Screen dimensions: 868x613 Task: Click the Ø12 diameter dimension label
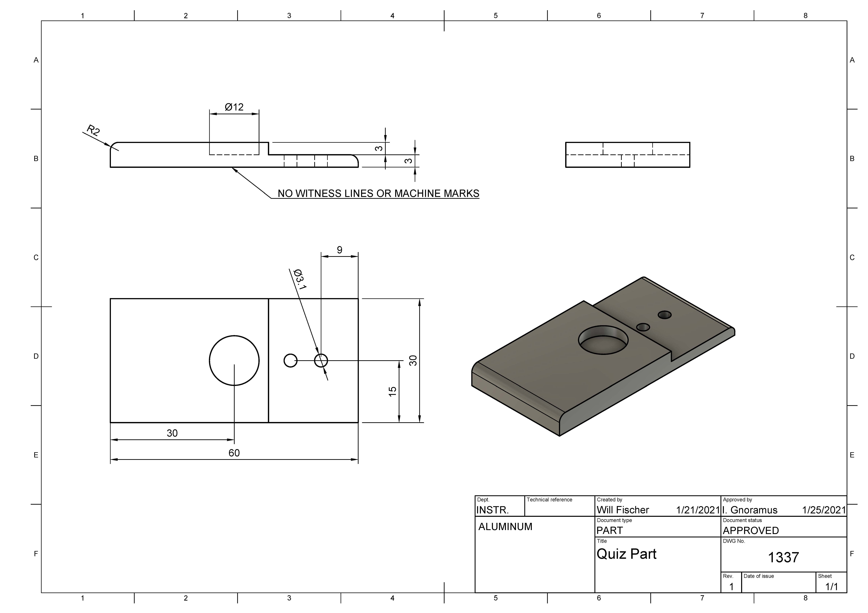point(234,107)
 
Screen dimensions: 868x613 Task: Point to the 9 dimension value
point(339,250)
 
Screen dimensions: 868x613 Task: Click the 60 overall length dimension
point(234,453)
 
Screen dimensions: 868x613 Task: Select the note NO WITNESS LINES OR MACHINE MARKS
point(378,193)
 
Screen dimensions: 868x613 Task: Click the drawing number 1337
point(783,557)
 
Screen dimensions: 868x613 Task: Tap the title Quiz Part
point(626,554)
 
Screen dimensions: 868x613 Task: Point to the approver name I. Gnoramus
point(750,510)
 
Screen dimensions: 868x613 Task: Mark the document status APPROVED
point(751,531)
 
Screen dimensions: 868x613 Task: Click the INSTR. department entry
point(492,510)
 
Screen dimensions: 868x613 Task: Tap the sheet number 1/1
point(832,587)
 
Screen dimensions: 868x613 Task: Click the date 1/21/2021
point(698,510)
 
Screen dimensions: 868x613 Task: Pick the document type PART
point(609,531)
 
